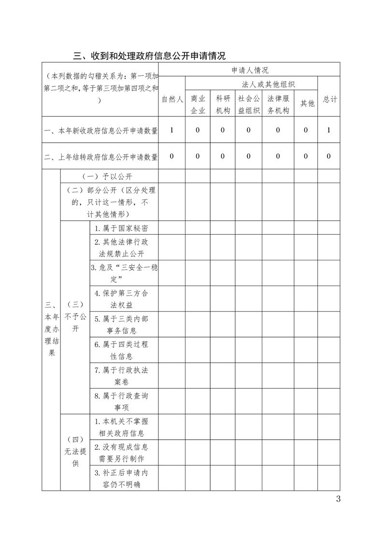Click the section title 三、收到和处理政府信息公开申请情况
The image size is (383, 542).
(x=149, y=56)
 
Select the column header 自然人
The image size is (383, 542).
(x=172, y=99)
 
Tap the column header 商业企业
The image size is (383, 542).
(x=198, y=104)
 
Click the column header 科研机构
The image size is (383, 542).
(x=223, y=104)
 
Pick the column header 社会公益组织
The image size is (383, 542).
(x=249, y=104)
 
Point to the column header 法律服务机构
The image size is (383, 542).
(x=278, y=104)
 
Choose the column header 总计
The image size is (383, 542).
(x=329, y=99)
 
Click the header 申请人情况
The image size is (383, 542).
(x=250, y=70)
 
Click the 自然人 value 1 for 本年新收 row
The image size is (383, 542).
(x=172, y=130)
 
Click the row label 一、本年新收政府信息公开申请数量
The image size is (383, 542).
(x=101, y=130)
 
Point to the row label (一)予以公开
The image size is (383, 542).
(x=109, y=176)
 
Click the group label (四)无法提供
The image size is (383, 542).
(x=75, y=452)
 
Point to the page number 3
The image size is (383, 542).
(x=338, y=499)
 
